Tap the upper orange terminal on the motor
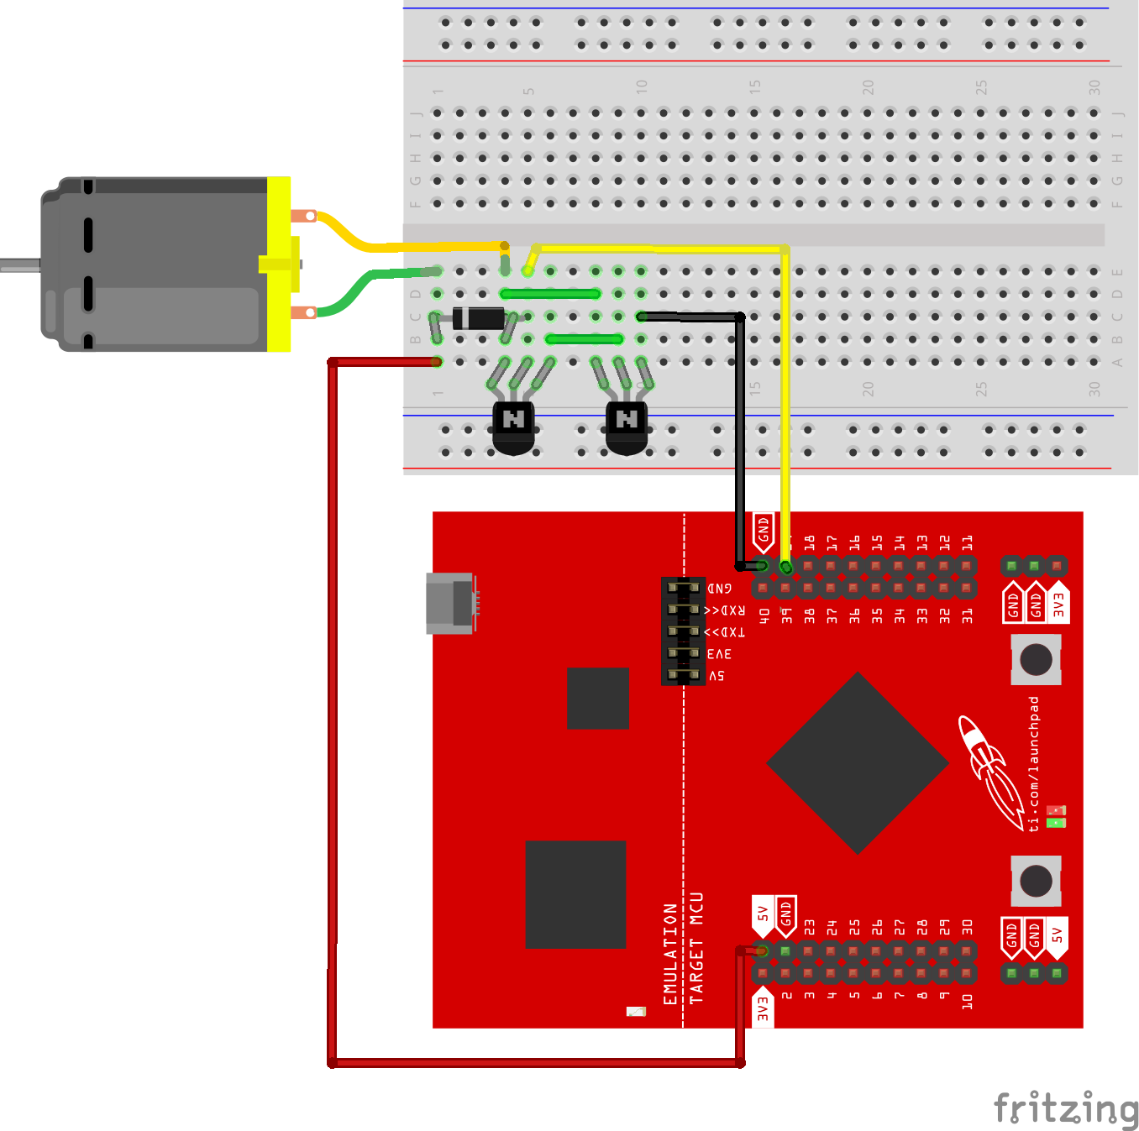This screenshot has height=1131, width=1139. [304, 216]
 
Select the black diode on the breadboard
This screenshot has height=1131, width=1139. [478, 318]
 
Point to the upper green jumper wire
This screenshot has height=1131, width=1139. [550, 294]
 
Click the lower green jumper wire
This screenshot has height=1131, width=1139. [585, 339]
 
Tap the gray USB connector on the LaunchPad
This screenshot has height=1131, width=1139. [451, 603]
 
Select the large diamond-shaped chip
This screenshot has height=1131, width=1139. [858, 763]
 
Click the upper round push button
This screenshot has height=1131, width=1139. [1036, 659]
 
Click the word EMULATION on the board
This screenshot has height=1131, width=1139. [670, 954]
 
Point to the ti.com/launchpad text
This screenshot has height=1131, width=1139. [1034, 764]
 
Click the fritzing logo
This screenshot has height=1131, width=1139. [1065, 1108]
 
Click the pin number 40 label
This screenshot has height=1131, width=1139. [764, 615]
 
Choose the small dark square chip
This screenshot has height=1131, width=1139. [598, 698]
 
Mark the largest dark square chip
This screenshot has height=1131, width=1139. [575, 894]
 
